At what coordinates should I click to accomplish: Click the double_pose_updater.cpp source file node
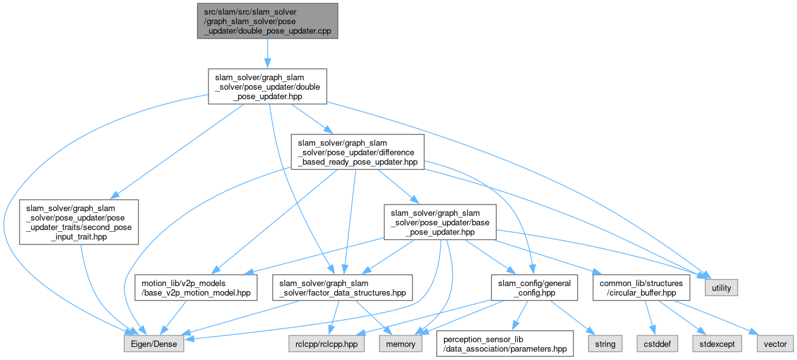[267, 21]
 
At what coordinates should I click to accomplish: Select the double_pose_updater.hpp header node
[267, 87]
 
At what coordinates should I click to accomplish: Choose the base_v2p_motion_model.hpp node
[196, 287]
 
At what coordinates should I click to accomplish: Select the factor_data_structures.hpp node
[342, 287]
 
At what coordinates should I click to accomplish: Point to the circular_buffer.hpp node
[641, 287]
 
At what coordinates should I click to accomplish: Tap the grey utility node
[721, 288]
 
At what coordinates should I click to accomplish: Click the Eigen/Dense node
[154, 344]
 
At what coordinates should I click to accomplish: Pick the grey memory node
[401, 344]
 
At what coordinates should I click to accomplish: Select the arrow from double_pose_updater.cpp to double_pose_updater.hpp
[267, 53]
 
